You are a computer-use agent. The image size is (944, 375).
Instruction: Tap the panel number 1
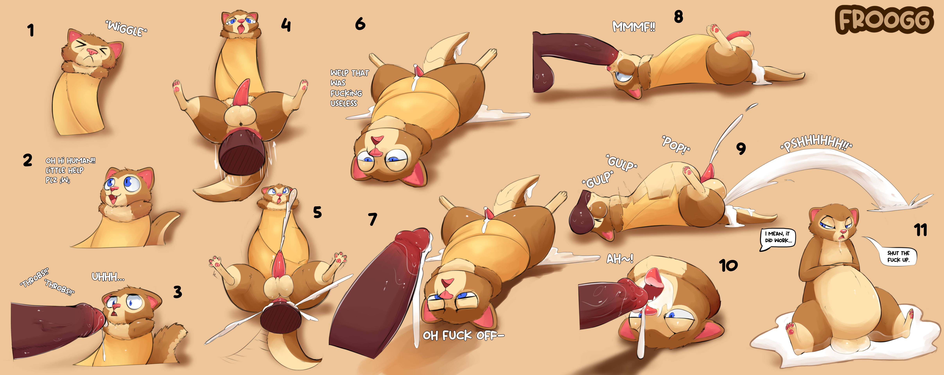(31, 30)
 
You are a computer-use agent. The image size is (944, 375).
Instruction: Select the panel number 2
(28, 160)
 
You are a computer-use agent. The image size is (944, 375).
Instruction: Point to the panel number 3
(177, 292)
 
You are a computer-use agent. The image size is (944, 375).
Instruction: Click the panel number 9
(741, 148)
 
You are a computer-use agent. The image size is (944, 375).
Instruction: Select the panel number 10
(729, 265)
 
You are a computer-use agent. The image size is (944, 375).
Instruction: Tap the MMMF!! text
(634, 26)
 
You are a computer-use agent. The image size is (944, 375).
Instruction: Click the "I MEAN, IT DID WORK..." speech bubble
(778, 239)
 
